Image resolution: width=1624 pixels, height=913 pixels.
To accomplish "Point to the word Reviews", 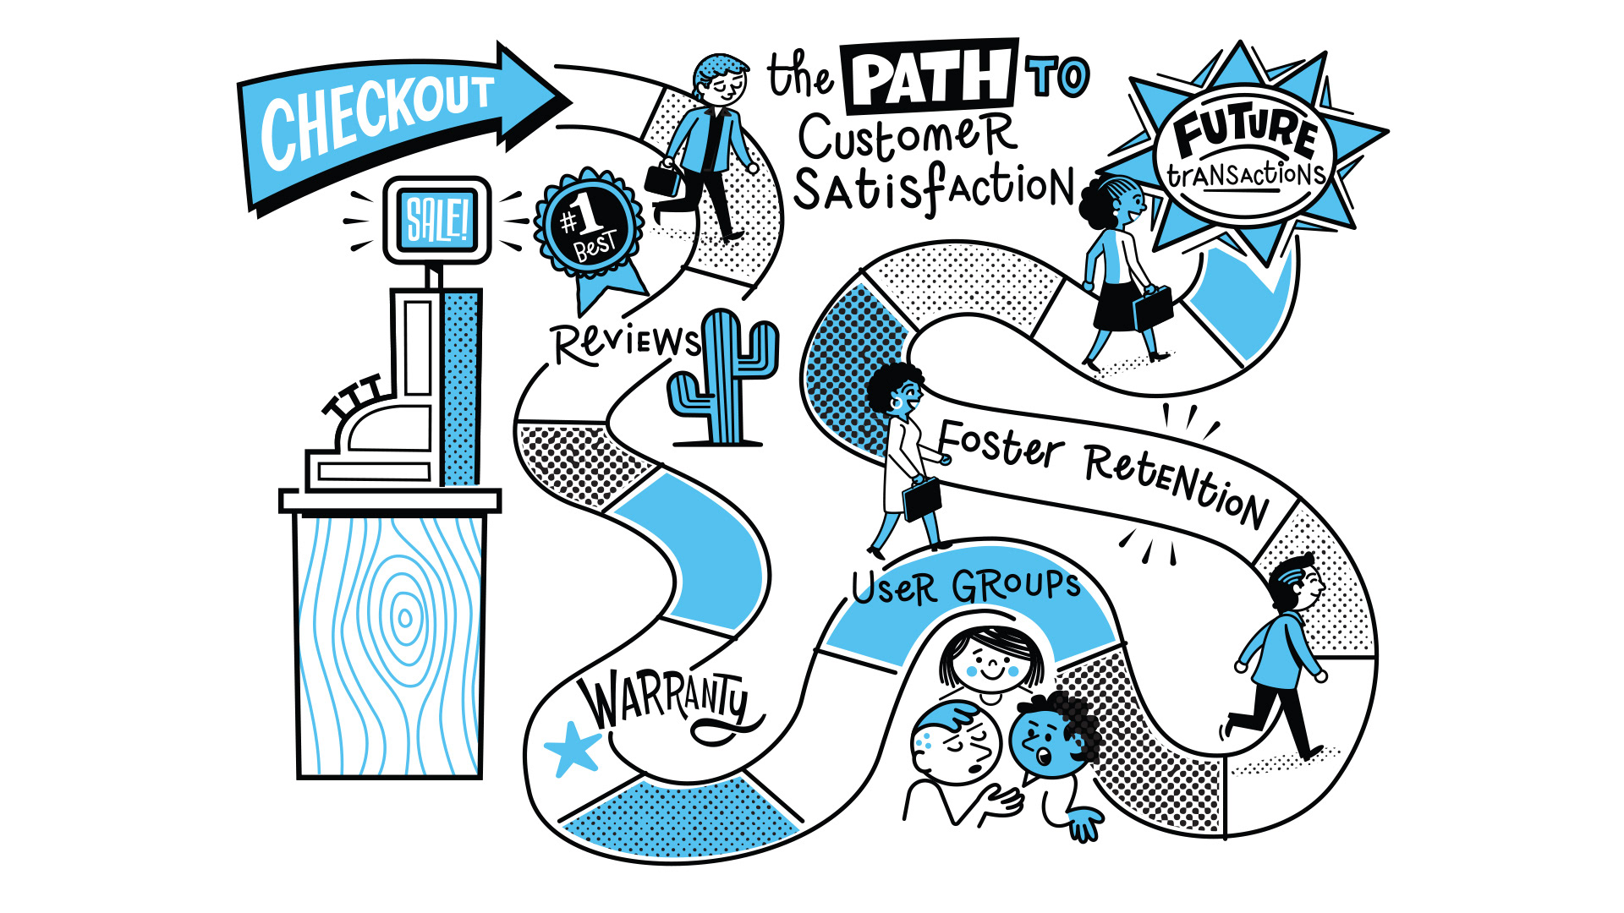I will (x=626, y=343).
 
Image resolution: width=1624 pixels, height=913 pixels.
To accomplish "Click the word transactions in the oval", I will (x=1245, y=175).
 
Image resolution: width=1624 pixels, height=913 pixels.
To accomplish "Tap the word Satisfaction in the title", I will (x=934, y=189).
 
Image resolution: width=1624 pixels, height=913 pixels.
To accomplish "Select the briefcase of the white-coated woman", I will (x=921, y=499).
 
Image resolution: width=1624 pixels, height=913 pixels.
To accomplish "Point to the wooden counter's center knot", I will (x=404, y=618).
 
